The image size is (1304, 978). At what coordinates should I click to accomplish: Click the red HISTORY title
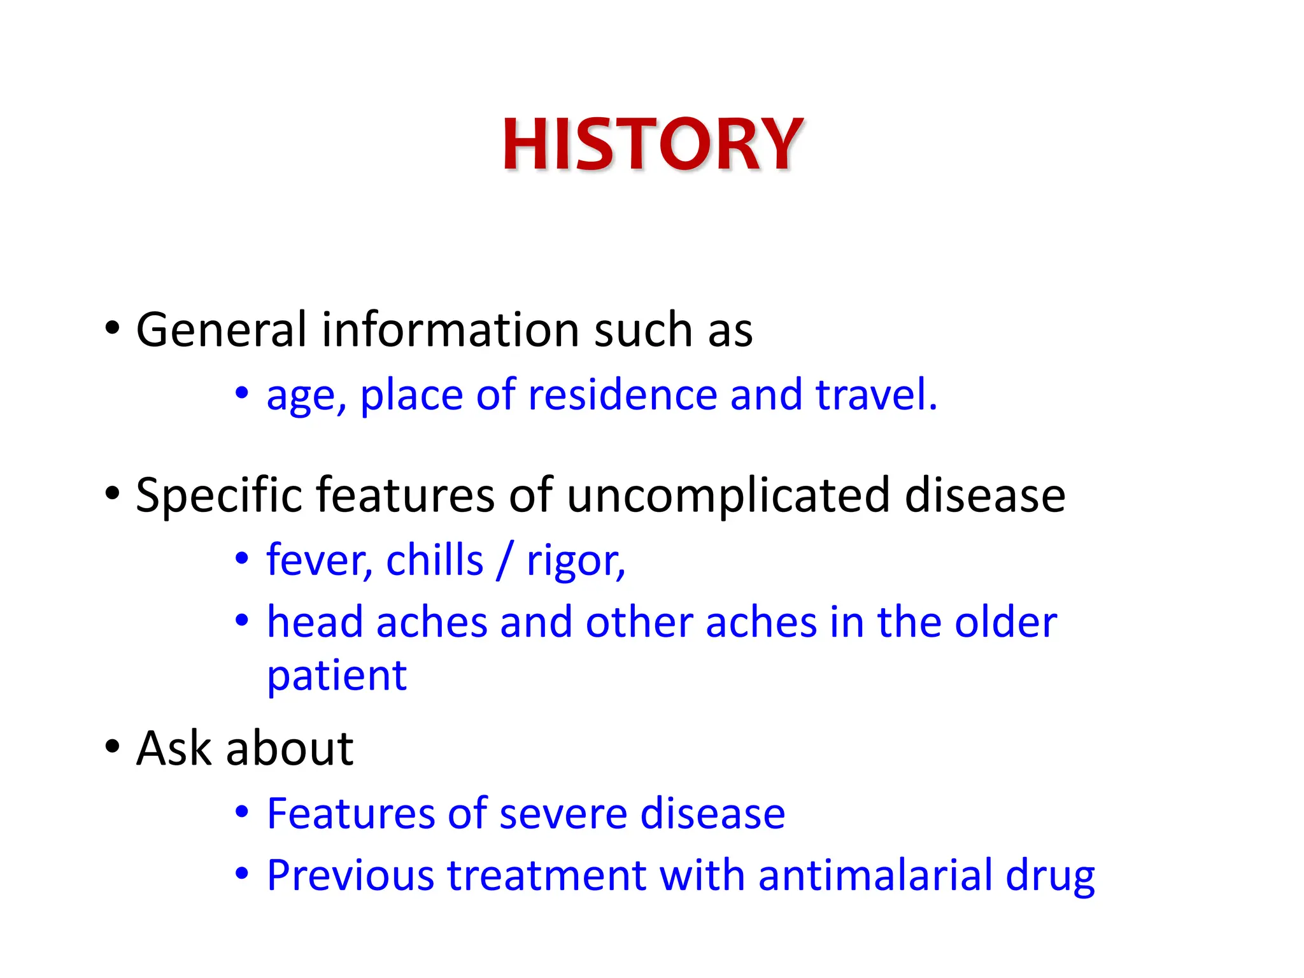tap(652, 145)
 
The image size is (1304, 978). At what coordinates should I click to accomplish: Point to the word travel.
tap(875, 395)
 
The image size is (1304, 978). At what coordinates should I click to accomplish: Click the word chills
tap(434, 561)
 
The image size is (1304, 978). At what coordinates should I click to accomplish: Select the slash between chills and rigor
tap(504, 561)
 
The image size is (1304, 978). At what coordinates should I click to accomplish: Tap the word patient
tap(336, 676)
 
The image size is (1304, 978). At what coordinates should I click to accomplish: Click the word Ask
tap(173, 748)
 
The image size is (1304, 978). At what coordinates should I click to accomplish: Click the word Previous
tap(350, 875)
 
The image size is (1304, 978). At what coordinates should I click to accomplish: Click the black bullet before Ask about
tap(113, 746)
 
